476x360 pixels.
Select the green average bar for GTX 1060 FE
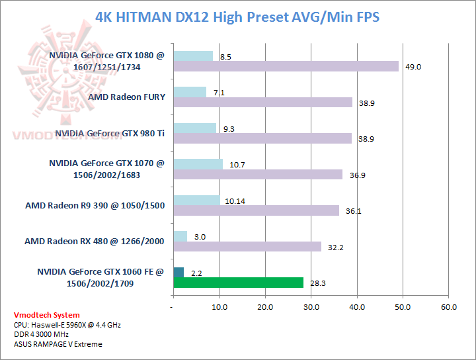pyautogui.click(x=238, y=283)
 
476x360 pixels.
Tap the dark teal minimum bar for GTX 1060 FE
pyautogui.click(x=178, y=272)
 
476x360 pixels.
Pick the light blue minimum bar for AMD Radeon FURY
pyautogui.click(x=189, y=92)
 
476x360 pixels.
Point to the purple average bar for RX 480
pyautogui.click(x=247, y=246)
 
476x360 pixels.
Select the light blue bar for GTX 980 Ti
pyautogui.click(x=194, y=128)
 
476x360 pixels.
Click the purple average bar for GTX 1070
pyautogui.click(x=258, y=174)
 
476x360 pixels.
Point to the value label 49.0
pyautogui.click(x=414, y=67)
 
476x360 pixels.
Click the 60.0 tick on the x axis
pyautogui.click(x=448, y=307)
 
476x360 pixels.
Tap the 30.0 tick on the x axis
pyautogui.click(x=311, y=307)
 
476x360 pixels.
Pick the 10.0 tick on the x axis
pyautogui.click(x=219, y=307)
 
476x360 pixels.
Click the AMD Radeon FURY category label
pyautogui.click(x=126, y=97)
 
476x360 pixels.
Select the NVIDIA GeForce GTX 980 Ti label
pyautogui.click(x=110, y=133)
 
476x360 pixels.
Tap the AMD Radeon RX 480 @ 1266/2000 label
pyautogui.click(x=95, y=241)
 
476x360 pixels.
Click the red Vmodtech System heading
pyautogui.click(x=46, y=315)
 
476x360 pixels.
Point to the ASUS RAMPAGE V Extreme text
pyautogui.click(x=58, y=344)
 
